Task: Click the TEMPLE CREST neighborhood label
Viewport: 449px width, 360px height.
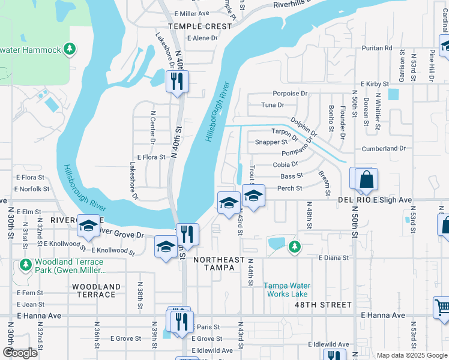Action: click(200, 26)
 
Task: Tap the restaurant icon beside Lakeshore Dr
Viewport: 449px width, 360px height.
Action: click(177, 81)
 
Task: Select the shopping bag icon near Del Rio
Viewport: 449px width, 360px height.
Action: click(365, 179)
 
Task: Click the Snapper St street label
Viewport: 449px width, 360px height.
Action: click(271, 142)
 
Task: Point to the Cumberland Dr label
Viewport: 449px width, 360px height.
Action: click(384, 148)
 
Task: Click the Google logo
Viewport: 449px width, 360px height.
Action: click(20, 353)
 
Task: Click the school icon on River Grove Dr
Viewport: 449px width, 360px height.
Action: click(88, 226)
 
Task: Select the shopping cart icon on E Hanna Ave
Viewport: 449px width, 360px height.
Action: click(442, 307)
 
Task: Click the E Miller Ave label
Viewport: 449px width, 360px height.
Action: click(191, 13)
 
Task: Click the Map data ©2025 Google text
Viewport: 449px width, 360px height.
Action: click(411, 355)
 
